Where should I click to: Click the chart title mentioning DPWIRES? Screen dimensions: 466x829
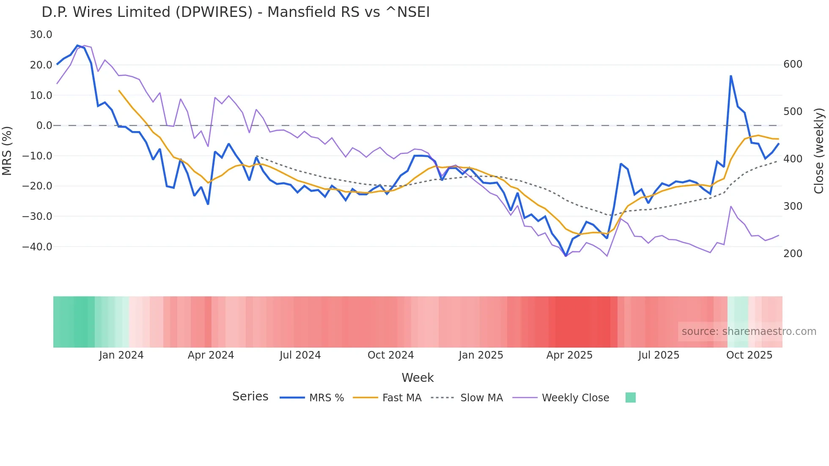pos(236,12)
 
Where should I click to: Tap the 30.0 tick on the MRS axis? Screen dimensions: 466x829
pos(41,35)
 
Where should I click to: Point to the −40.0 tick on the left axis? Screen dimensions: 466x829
pos(37,247)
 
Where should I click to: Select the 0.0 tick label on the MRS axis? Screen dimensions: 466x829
pos(44,126)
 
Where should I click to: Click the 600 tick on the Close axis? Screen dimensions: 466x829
pos(793,64)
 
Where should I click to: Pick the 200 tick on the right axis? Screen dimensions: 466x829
pos(793,254)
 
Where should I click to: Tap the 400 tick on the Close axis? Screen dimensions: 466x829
pos(793,159)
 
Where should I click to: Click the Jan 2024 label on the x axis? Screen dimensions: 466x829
pos(121,355)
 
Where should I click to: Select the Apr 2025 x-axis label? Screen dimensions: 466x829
pos(569,355)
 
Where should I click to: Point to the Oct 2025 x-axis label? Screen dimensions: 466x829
pos(749,355)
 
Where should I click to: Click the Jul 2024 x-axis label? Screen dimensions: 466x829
pos(300,355)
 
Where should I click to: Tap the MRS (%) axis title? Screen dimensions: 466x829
pos(7,151)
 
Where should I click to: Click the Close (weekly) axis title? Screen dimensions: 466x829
pos(819,151)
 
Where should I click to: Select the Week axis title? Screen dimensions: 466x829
pos(417,378)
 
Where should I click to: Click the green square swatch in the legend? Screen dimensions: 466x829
pos(630,397)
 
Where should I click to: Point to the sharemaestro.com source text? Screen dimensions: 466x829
pos(749,332)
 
